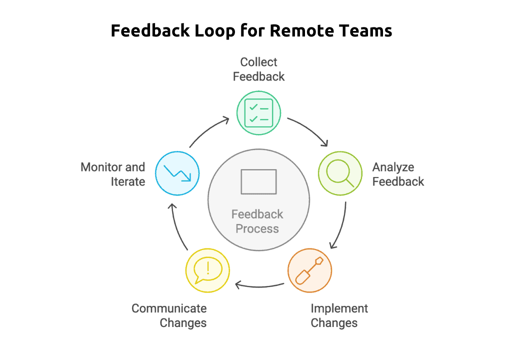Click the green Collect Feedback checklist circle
point(258,113)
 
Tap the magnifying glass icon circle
point(340,173)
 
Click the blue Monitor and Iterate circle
point(177,173)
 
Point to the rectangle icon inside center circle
point(258,181)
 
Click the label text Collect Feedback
point(258,69)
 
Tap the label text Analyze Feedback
point(398,174)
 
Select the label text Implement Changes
point(334,315)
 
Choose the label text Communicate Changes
point(169,315)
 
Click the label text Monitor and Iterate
point(113,174)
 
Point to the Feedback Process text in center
point(257,221)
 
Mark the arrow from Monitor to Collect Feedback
point(207,131)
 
